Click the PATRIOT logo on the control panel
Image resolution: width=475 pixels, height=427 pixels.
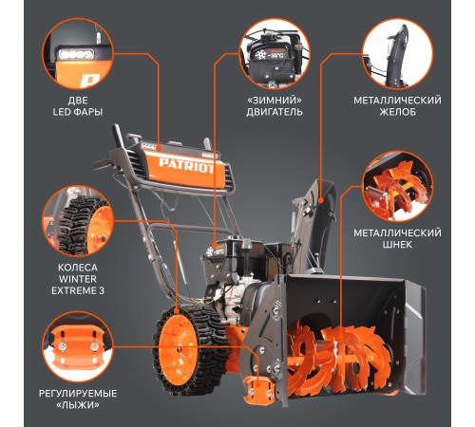pyautogui.click(x=186, y=166)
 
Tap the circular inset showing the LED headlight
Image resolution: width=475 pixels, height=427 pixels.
pyautogui.click(x=78, y=54)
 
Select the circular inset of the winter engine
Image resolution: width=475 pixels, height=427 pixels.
pyautogui.click(x=275, y=54)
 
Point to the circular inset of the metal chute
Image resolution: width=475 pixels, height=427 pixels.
pyautogui.click(x=397, y=54)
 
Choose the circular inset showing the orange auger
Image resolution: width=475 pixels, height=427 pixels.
pyautogui.click(x=397, y=187)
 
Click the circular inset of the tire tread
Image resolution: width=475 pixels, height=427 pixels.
pyautogui.click(x=78, y=221)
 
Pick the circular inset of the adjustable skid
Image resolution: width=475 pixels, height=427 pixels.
pyautogui.click(x=78, y=347)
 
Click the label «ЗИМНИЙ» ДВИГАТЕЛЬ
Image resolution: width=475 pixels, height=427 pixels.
pyautogui.click(x=275, y=106)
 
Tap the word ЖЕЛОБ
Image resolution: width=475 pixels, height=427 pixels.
pyautogui.click(x=397, y=112)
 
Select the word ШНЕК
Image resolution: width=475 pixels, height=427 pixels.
pyautogui.click(x=397, y=245)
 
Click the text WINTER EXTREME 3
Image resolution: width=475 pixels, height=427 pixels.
pyautogui.click(x=78, y=285)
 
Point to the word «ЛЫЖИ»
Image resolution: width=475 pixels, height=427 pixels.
pyautogui.click(x=78, y=405)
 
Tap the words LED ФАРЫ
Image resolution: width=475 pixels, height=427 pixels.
pyautogui.click(x=78, y=112)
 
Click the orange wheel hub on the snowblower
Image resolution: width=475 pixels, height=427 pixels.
pyautogui.click(x=177, y=350)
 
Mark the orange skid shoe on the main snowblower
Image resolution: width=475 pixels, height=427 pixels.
pyautogui.click(x=259, y=390)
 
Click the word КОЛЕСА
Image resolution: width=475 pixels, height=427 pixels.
pyautogui.click(x=78, y=268)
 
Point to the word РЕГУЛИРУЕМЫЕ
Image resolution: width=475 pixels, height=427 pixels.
pyautogui.click(x=78, y=394)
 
